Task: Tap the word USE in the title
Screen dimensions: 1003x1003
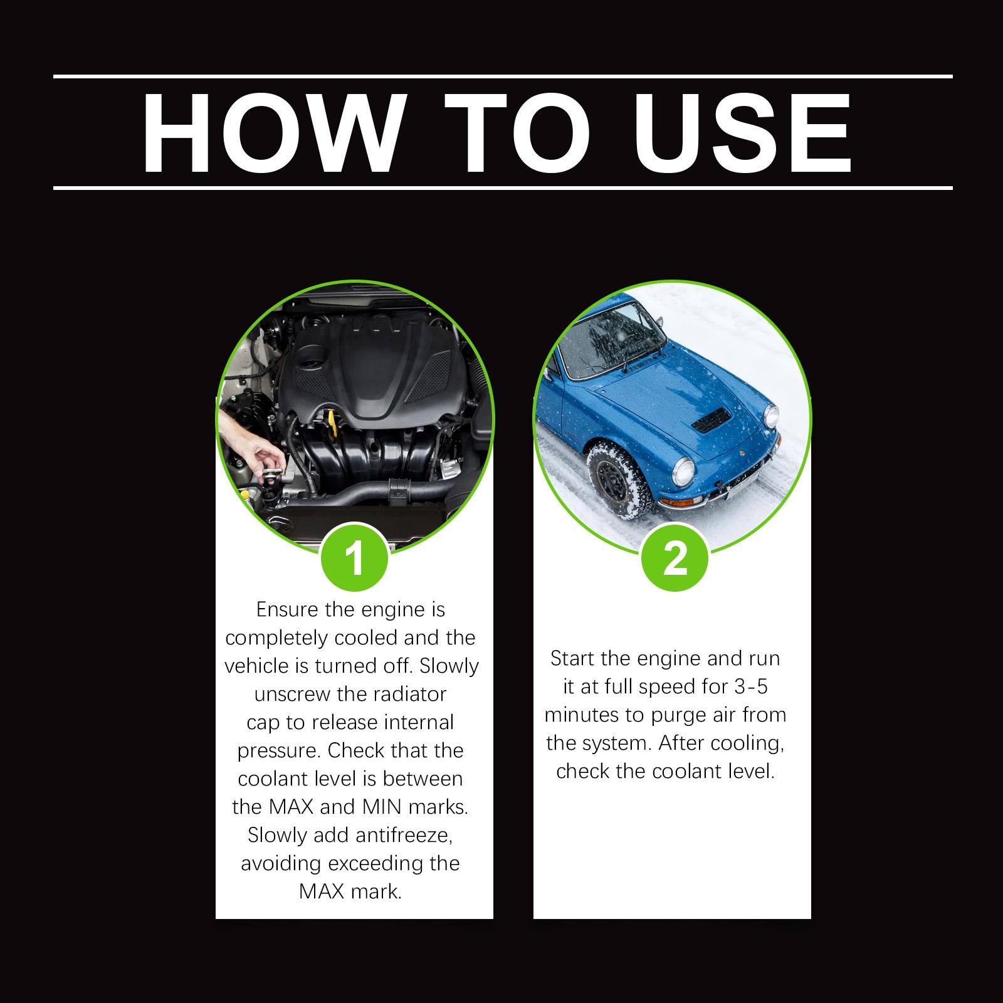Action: [746, 133]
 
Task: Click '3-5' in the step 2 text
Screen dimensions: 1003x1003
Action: [750, 686]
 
